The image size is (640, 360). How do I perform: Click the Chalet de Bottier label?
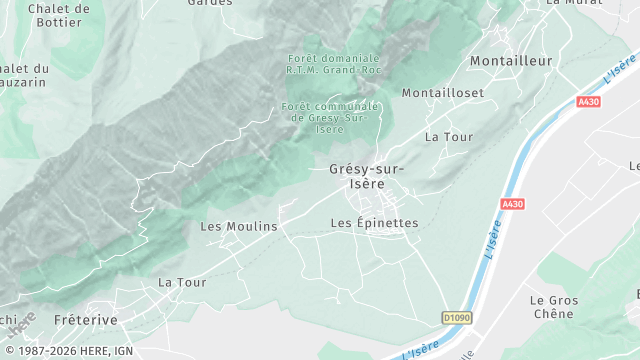click(x=58, y=15)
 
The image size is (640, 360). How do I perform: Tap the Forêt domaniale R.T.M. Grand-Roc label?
click(x=333, y=64)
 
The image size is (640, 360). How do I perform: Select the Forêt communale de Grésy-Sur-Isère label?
click(x=331, y=117)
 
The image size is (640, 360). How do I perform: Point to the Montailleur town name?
click(x=511, y=61)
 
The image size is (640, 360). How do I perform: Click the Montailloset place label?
click(x=442, y=93)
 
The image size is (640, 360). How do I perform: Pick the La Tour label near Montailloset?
click(x=447, y=136)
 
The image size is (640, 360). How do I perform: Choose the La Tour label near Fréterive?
click(x=182, y=283)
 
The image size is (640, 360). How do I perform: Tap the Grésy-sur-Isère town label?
click(x=367, y=176)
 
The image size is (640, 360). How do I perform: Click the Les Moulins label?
click(x=239, y=227)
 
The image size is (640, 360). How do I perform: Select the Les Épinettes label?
click(x=374, y=223)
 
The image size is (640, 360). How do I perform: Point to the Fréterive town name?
click(x=86, y=320)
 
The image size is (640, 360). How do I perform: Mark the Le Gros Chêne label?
click(x=552, y=306)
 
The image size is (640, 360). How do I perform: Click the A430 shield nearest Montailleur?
click(x=590, y=102)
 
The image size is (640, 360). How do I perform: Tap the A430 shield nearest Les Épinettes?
click(x=512, y=204)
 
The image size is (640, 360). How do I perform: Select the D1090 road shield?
click(x=456, y=318)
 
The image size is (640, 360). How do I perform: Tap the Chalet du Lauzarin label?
click(x=20, y=76)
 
